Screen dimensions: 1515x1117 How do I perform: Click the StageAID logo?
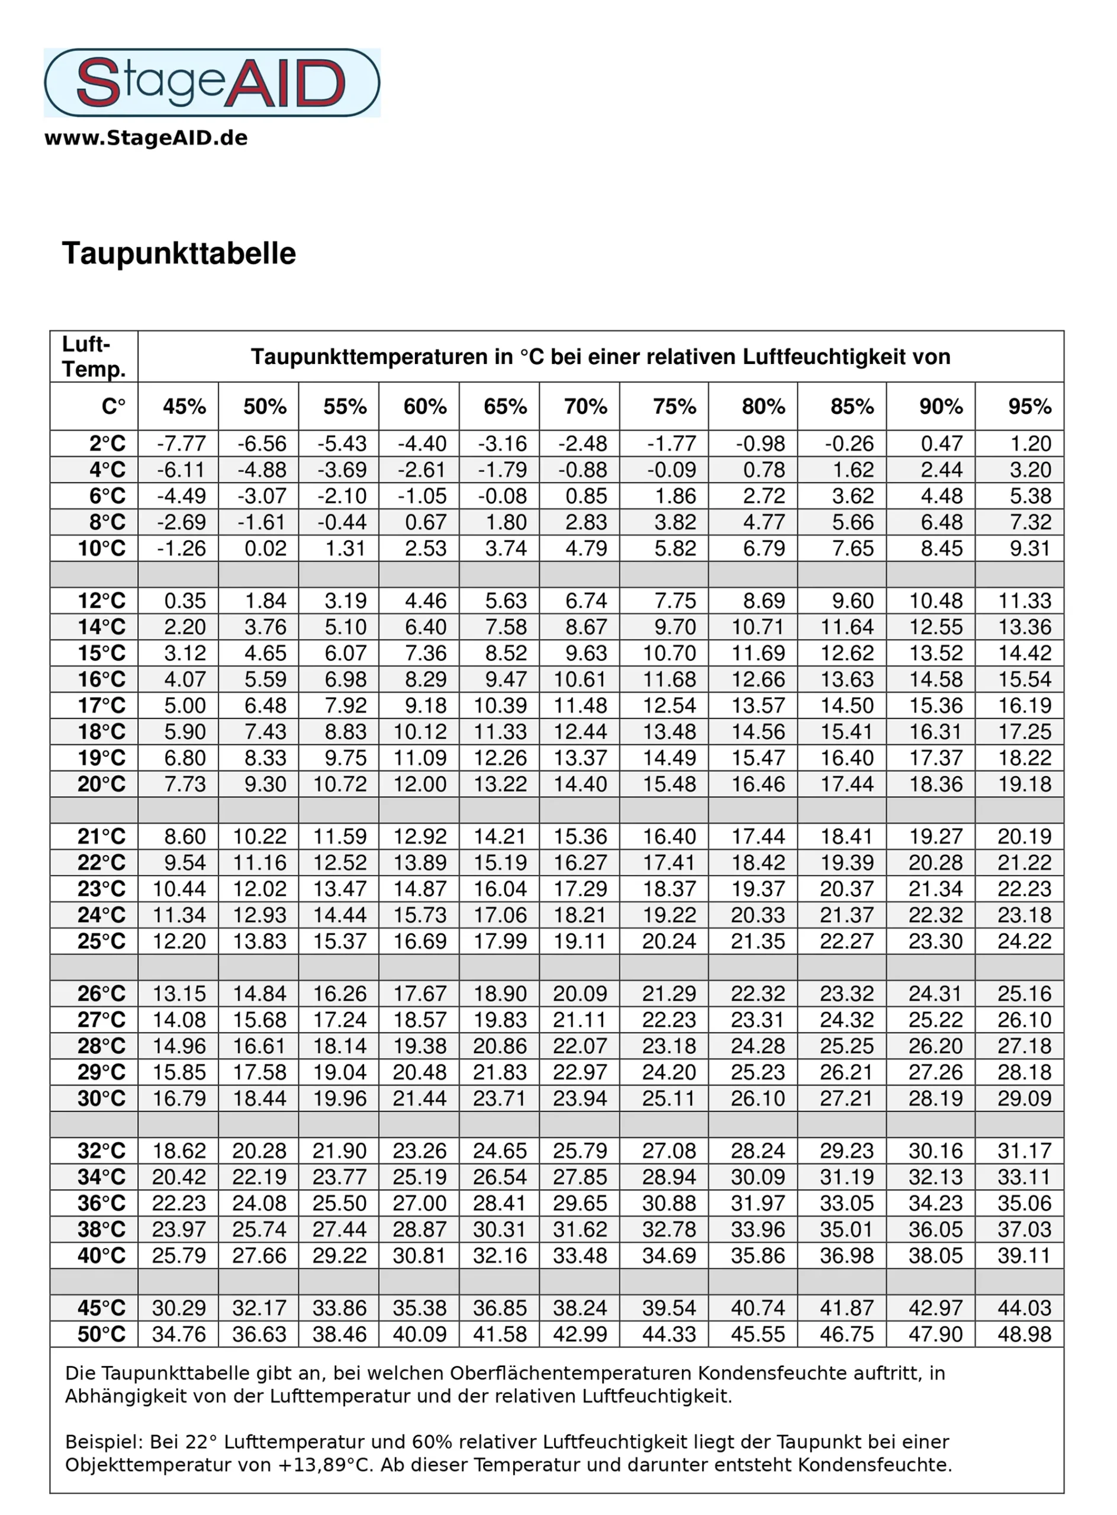[x=212, y=82]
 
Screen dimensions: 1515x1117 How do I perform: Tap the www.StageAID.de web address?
[x=146, y=138]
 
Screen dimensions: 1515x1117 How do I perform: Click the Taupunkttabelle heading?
[x=179, y=253]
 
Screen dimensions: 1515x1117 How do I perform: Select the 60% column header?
[x=424, y=407]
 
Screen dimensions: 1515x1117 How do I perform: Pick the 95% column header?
[x=1029, y=407]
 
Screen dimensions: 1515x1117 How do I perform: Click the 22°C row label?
[x=101, y=863]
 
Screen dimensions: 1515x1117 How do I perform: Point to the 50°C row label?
[x=101, y=1334]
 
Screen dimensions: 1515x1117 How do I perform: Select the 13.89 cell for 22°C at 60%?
[x=420, y=863]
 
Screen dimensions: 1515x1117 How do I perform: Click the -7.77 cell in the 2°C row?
[x=181, y=443]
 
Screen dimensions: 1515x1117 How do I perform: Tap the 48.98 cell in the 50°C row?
[x=1025, y=1334]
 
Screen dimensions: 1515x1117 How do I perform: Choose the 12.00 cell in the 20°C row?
[x=420, y=784]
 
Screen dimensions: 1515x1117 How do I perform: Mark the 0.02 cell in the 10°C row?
[x=265, y=548]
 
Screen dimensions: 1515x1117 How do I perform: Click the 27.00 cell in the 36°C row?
[x=420, y=1203]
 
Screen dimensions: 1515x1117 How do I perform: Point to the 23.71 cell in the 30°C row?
[x=500, y=1098]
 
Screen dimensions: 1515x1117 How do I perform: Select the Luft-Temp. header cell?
[x=94, y=356]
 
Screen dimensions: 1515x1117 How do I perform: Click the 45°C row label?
[x=101, y=1307]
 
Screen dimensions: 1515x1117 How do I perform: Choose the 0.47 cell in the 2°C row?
[x=941, y=443]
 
